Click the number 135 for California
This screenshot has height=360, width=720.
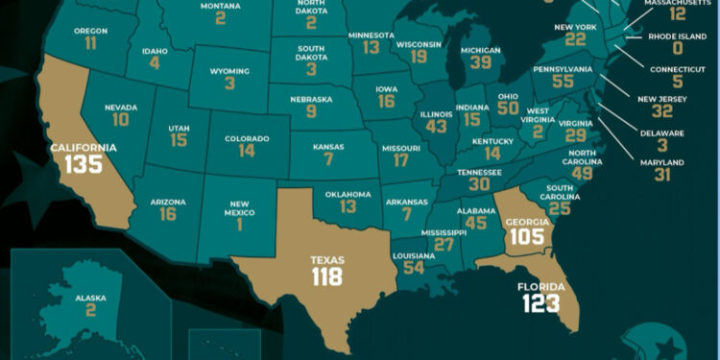(x=84, y=164)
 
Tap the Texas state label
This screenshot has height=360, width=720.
(x=326, y=259)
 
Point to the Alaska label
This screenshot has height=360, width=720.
(x=90, y=299)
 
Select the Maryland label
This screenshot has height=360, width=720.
(x=663, y=161)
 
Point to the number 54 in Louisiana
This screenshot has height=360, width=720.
(x=414, y=267)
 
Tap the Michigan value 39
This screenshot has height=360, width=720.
(x=479, y=63)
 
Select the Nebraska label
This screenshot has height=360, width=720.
(x=311, y=96)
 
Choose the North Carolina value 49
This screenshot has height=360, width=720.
(x=582, y=173)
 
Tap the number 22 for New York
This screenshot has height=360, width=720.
(x=575, y=39)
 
